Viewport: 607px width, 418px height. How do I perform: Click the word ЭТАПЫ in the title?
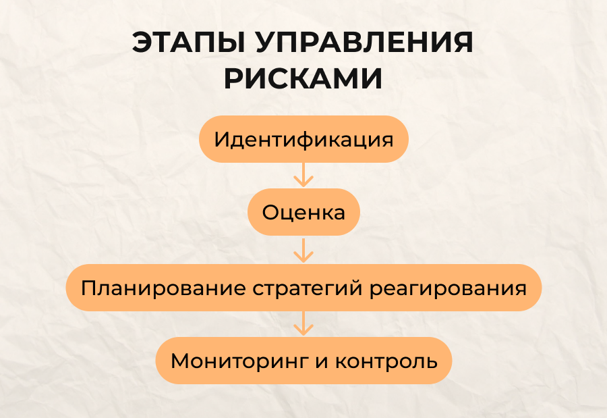[x=189, y=43]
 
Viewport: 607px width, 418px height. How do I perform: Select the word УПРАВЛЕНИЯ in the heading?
[x=364, y=43]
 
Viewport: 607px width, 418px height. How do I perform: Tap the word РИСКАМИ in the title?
[x=303, y=79]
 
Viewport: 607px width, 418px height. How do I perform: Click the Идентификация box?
[x=304, y=139]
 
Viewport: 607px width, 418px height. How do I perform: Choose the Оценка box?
[x=304, y=212]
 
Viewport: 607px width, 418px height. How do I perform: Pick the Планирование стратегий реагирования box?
[x=303, y=288]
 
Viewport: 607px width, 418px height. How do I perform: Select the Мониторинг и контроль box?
[x=304, y=361]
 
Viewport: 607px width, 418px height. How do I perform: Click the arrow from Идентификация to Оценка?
[x=303, y=175]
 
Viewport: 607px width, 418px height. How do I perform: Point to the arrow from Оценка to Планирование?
[x=303, y=251]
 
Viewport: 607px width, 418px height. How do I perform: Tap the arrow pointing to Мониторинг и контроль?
[x=303, y=323]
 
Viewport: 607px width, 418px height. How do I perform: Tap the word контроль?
[x=386, y=361]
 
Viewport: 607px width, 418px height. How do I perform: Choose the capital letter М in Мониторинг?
[x=181, y=361]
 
